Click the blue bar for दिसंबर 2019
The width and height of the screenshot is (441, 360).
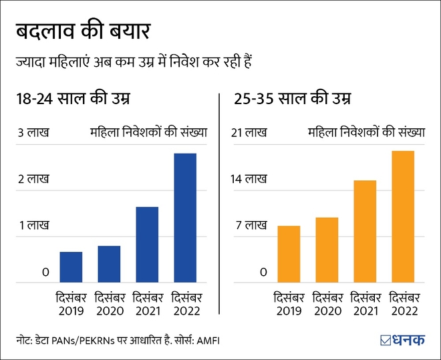pos(71,267)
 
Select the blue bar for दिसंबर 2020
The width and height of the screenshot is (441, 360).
pos(110,264)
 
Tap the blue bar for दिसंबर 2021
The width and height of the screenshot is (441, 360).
pos(147,244)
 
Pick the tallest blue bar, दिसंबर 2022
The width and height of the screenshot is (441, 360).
pos(185,218)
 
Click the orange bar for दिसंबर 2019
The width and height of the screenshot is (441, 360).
pos(289,254)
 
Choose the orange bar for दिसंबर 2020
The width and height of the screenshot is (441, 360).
pos(327,250)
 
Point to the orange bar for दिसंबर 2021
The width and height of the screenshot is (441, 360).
pos(365,231)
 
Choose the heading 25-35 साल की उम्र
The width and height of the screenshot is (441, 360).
pos(293,100)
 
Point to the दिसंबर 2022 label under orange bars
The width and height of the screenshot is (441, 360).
pos(403,304)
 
